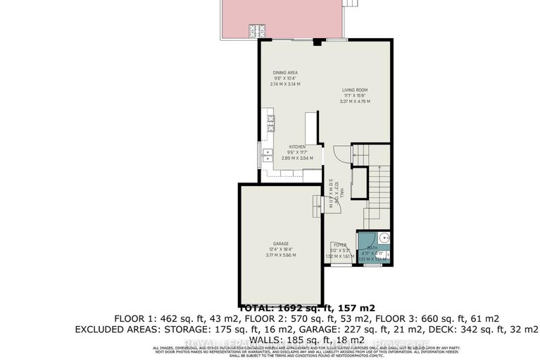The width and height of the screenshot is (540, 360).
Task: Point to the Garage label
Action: pyautogui.click(x=281, y=243)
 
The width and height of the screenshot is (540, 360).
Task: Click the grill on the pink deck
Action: pyautogui.click(x=255, y=31)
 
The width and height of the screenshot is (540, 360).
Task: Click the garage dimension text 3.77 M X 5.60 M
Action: pyautogui.click(x=281, y=255)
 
